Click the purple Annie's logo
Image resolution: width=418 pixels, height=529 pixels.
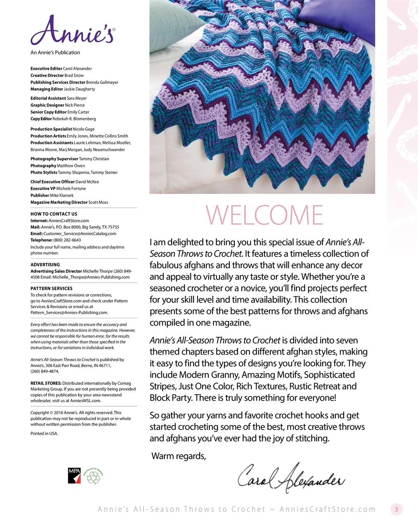pyautogui.click(x=73, y=31)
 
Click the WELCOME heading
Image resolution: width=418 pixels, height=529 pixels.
pyautogui.click(x=264, y=215)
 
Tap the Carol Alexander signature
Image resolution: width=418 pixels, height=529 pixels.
pyautogui.click(x=291, y=479)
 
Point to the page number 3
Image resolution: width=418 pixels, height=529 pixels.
pyautogui.click(x=397, y=509)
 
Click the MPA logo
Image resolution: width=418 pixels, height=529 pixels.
pyautogui.click(x=74, y=476)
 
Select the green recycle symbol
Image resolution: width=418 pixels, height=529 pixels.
pyautogui.click(x=94, y=477)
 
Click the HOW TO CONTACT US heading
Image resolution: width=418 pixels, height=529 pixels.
pyautogui.click(x=54, y=214)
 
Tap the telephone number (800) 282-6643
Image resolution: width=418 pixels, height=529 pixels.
pyautogui.click(x=67, y=240)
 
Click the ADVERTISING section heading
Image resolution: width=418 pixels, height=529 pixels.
pyautogui.click(x=45, y=264)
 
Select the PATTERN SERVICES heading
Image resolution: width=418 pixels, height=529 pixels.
pyautogui.click(x=51, y=288)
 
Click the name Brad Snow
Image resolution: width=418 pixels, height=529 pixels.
pyautogui.click(x=74, y=76)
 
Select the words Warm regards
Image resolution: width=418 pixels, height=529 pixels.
pyautogui.click(x=178, y=456)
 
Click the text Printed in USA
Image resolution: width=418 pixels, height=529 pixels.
pyautogui.click(x=44, y=434)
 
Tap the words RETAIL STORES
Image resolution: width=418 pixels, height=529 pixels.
pyautogui.click(x=46, y=384)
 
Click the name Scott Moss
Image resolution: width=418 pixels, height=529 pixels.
pyautogui.click(x=98, y=203)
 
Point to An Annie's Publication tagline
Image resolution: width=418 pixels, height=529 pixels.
pyautogui.click(x=55, y=52)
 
